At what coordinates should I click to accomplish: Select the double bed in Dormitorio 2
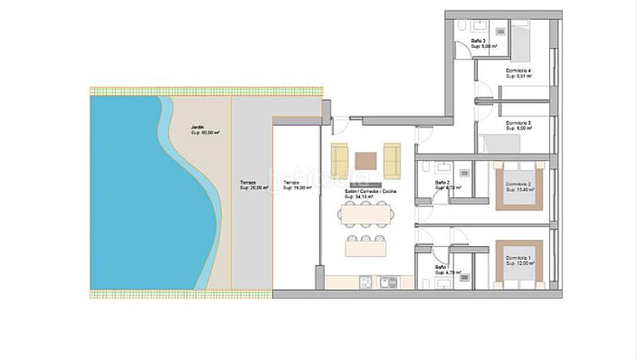click(x=519, y=187)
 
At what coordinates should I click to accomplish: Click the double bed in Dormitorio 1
click(x=519, y=263)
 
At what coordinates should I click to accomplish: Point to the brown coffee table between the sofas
click(x=366, y=158)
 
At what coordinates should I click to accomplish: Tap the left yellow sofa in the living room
click(x=340, y=160)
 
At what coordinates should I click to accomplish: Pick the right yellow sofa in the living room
click(x=392, y=160)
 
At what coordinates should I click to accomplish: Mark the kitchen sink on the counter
click(x=389, y=282)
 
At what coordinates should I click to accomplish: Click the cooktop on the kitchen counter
click(x=366, y=282)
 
